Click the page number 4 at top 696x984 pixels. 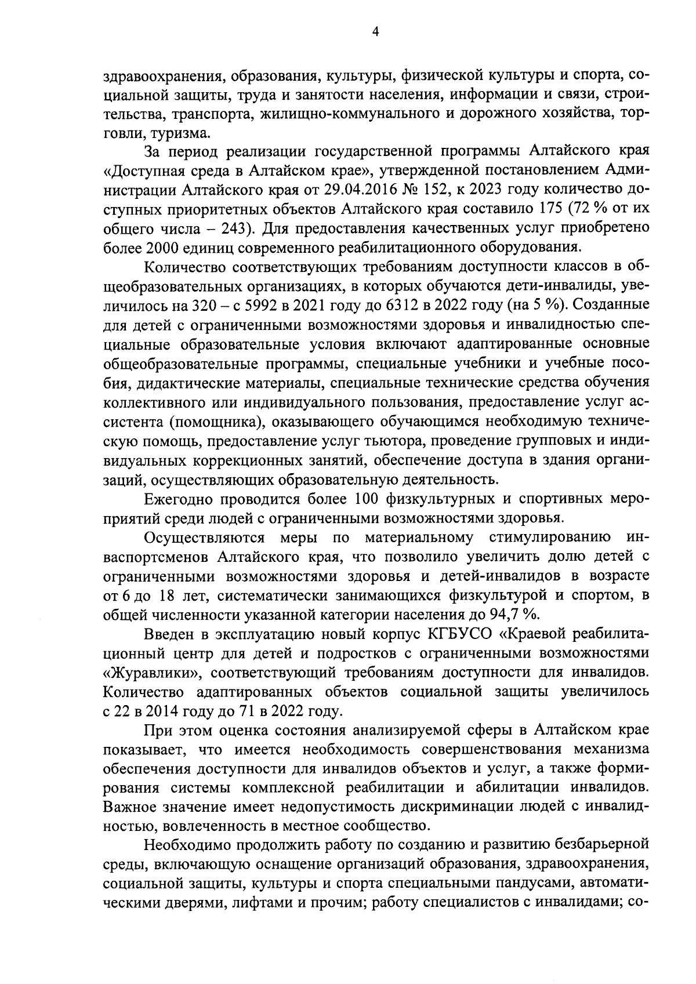[375, 33]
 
